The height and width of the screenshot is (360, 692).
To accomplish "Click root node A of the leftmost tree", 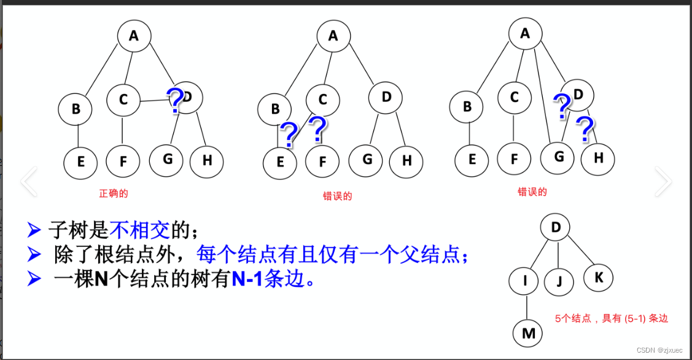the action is point(133,36).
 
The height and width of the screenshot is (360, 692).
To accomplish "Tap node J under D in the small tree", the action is point(558,281).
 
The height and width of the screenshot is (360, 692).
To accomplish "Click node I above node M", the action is point(526,281).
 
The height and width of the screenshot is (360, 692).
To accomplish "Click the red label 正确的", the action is point(114,194).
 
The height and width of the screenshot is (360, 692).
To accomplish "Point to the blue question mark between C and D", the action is point(175,101).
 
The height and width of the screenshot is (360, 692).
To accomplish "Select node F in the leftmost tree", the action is point(123,162).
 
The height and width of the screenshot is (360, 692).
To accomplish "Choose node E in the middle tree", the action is point(280,162).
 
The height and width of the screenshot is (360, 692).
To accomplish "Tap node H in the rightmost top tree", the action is point(598,158).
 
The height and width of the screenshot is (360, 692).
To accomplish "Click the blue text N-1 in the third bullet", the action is point(247,280).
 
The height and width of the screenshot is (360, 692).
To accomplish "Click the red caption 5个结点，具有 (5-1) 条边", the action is point(611,318).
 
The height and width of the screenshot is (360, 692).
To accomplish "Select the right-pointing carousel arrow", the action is point(663,181).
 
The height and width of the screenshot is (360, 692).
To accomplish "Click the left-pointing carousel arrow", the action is point(29,181).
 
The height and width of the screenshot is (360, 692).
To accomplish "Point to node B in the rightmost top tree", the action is point(467,107).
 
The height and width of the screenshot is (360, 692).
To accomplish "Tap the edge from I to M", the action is point(527,308).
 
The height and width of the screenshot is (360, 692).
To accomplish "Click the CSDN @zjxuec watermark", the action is point(659,350).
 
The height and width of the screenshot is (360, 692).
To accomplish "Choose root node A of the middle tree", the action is point(333,36).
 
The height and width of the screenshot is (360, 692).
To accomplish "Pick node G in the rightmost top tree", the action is point(558,156).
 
